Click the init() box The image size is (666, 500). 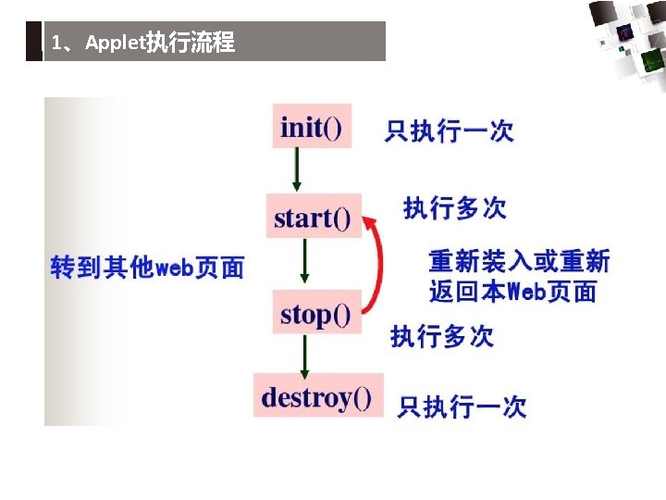click(x=312, y=126)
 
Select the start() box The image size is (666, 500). click(x=313, y=217)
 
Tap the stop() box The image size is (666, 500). click(x=315, y=314)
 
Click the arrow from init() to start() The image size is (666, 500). click(x=296, y=169)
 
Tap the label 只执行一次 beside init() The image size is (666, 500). click(x=449, y=131)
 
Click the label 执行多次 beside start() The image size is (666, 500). click(x=454, y=207)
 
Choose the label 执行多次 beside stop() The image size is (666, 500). click(x=441, y=335)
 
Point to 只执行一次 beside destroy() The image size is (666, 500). click(x=462, y=406)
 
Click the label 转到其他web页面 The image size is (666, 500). click(x=147, y=267)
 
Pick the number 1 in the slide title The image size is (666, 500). click(x=57, y=44)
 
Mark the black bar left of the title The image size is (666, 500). click(x=34, y=42)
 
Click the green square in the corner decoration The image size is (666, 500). click(x=653, y=61)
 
